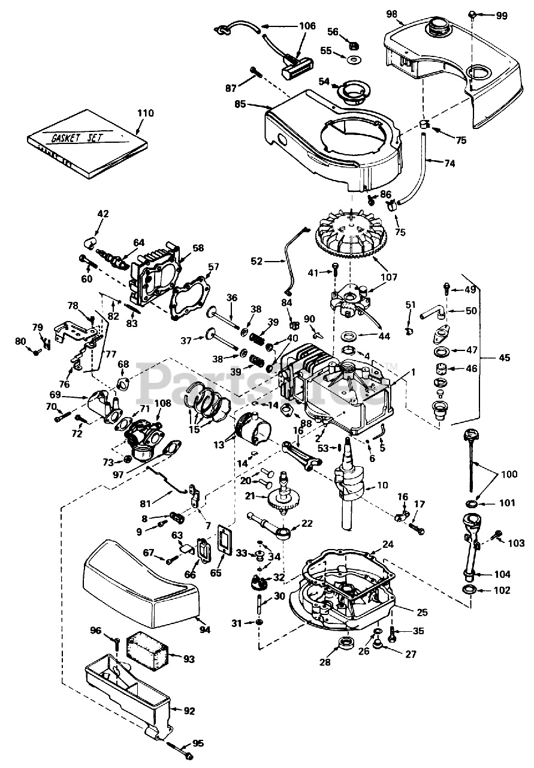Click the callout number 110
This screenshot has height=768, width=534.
click(145, 113)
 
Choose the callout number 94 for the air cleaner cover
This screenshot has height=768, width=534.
click(206, 629)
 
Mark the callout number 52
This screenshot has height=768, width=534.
click(256, 261)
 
